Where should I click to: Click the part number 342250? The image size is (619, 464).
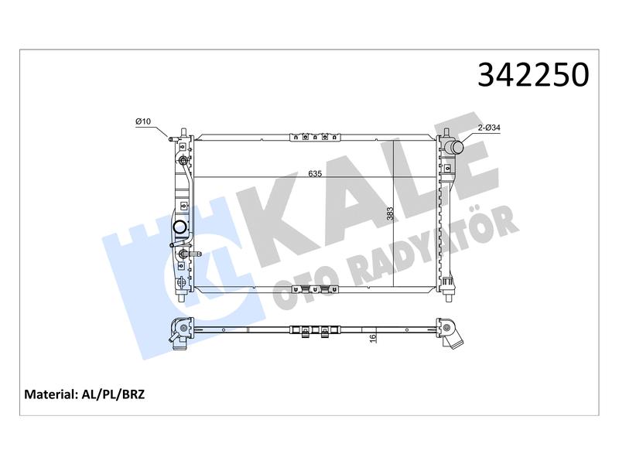pyautogui.click(x=533, y=74)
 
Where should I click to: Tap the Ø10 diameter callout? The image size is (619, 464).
pyautogui.click(x=143, y=121)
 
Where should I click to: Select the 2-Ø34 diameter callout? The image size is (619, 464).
pyautogui.click(x=489, y=128)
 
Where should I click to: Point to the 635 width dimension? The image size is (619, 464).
pyautogui.click(x=315, y=173)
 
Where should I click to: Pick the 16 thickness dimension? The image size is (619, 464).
pyautogui.click(x=373, y=338)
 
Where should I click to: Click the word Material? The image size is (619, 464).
pyautogui.click(x=50, y=394)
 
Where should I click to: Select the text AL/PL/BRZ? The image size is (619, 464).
pyautogui.click(x=113, y=394)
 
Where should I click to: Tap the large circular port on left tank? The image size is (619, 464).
pyautogui.click(x=181, y=227)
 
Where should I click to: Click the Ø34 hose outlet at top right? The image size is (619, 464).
pyautogui.click(x=454, y=148)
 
